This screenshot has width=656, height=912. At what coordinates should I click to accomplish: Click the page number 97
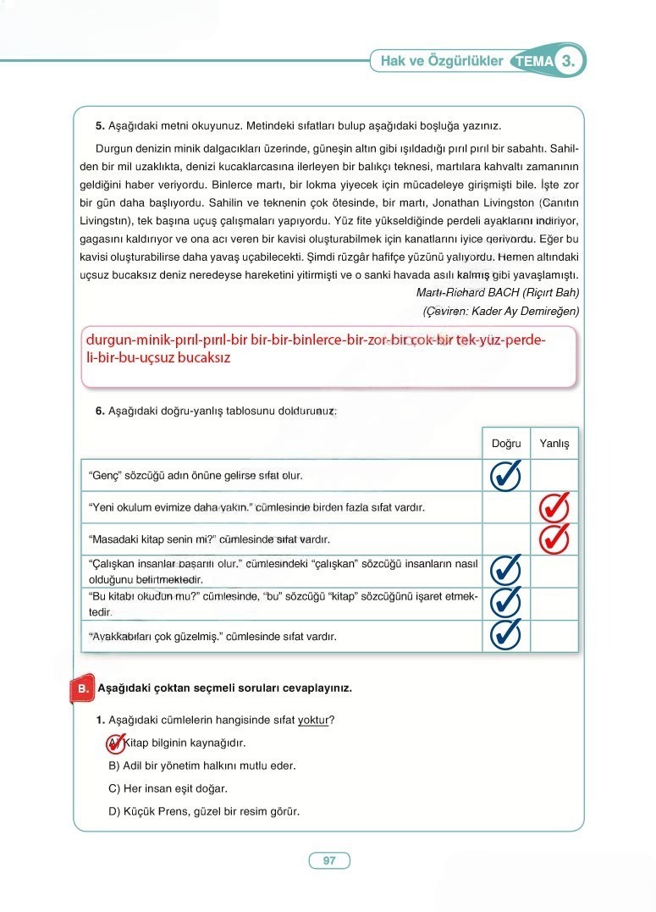coord(329,860)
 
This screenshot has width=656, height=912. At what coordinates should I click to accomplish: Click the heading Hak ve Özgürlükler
coord(441,61)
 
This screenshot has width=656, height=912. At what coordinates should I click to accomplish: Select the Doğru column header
coord(506,444)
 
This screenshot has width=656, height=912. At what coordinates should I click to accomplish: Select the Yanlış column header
coord(554,444)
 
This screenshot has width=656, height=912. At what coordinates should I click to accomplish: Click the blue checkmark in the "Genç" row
coord(506,476)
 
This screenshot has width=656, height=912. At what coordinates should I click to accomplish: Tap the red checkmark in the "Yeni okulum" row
coord(554,508)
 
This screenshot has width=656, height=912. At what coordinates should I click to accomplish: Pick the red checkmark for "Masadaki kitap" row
coord(554,539)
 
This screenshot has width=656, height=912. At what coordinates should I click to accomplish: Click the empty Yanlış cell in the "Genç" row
coord(554,476)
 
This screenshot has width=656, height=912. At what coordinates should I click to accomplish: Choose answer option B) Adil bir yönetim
coord(202,766)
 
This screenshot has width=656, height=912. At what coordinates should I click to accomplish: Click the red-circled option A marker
coord(115,743)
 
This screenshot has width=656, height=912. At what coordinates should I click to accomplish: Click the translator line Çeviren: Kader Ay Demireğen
coord(500,312)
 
